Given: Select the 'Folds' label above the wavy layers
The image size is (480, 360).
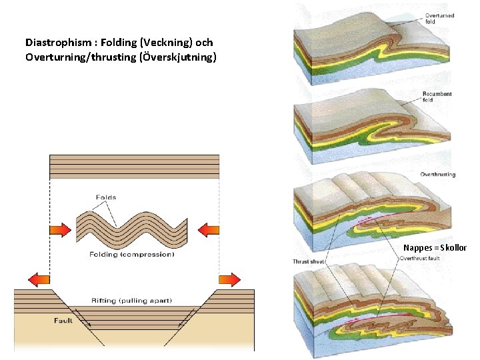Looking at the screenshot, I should (x=106, y=197).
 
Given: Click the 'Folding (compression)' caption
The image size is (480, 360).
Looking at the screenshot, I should (x=132, y=254).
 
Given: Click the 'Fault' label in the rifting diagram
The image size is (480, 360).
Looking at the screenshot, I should (x=63, y=321).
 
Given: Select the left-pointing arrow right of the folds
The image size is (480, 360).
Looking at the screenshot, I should (x=209, y=231).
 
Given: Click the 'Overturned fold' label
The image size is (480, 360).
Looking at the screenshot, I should (x=439, y=19).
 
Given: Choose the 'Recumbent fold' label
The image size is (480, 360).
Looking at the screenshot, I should (x=437, y=97).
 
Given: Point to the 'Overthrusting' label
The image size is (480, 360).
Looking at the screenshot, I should (x=438, y=175).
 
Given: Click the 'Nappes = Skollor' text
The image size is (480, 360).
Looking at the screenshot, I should (x=435, y=248).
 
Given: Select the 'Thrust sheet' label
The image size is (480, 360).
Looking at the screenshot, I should (x=308, y=262).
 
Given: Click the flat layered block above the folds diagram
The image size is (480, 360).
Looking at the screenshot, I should (x=134, y=166).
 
